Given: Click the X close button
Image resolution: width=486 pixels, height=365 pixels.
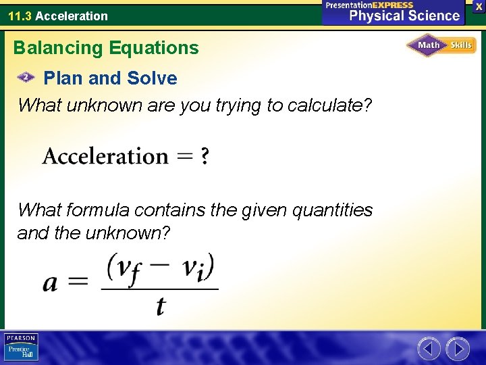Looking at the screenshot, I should click(479, 6).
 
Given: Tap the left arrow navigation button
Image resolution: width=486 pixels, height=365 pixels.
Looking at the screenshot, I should click(429, 349).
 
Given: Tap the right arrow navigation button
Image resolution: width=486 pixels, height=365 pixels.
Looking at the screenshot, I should click(458, 349).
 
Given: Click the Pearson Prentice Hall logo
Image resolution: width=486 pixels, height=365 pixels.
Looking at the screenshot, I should click(21, 347).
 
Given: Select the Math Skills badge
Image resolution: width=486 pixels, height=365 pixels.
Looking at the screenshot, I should click(441, 45).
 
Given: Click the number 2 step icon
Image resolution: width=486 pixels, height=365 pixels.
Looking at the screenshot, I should click(26, 78).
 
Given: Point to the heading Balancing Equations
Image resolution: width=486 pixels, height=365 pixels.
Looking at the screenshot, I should click(106, 48).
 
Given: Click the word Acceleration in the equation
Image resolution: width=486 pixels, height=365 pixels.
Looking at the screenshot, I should click(105, 157).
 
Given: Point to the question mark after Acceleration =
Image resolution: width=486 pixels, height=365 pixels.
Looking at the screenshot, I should click(205, 157).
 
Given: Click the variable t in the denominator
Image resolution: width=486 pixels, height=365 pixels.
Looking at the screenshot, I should click(160, 306).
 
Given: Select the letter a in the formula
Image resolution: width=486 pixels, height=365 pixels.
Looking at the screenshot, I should click(51, 283).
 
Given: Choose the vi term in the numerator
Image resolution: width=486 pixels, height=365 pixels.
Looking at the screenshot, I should click(196, 266).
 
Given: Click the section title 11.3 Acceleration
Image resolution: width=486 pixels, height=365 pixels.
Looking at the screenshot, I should click(58, 16).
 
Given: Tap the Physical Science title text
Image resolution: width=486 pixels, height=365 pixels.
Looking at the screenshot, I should click(404, 16).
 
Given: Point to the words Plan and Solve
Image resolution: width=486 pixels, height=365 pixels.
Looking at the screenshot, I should click(110, 78).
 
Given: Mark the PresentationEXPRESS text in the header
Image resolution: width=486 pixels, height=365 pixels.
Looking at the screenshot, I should click(369, 5).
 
